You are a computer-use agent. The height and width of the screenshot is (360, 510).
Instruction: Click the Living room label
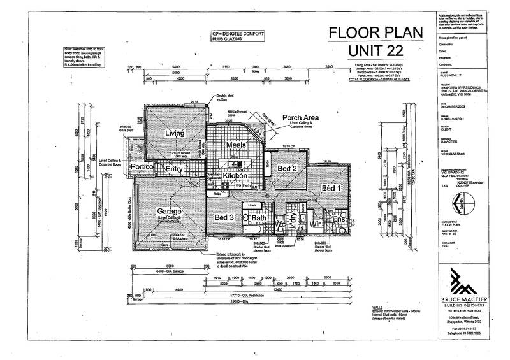pyautogui.click(x=175, y=133)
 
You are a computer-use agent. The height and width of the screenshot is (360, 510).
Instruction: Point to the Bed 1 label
pyautogui.click(x=330, y=189)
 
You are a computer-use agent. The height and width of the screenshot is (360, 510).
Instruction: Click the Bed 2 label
pyautogui.click(x=286, y=168)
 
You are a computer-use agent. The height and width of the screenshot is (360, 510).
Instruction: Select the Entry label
pyautogui.click(x=174, y=170)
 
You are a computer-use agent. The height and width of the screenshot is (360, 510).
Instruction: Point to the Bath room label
pyautogui.click(x=258, y=219)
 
